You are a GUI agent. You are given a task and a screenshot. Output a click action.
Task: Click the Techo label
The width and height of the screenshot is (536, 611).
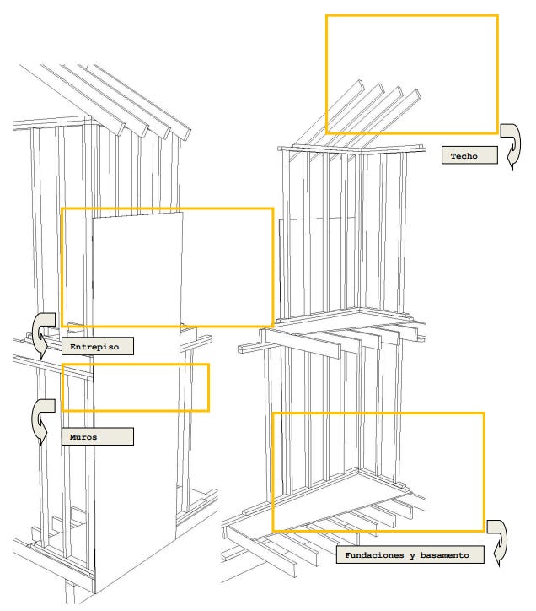(469, 156)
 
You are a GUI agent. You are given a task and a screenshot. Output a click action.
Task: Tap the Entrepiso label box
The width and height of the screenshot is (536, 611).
(96, 346)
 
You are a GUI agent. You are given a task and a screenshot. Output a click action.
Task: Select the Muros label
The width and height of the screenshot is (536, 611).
(96, 436)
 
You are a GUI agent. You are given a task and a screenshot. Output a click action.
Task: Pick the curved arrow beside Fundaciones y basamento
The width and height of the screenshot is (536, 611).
(501, 541)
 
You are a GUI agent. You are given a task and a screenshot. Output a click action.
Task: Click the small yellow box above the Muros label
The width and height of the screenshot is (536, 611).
(135, 387)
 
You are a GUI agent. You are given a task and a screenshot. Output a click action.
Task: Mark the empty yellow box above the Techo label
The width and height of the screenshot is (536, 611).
(411, 73)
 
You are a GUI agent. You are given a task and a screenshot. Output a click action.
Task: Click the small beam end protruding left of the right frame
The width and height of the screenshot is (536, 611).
(244, 347)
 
